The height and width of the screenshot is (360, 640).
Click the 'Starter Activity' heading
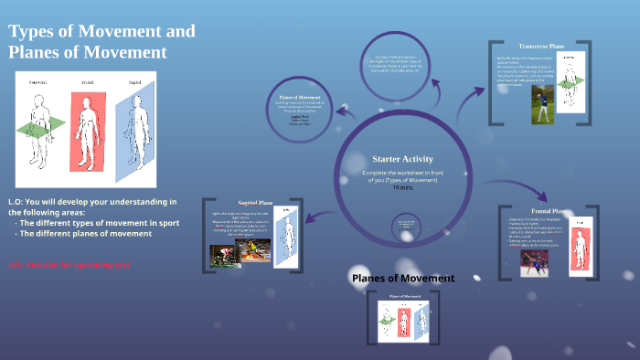(x=402, y=159)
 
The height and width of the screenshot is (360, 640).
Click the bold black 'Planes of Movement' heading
(x=403, y=278)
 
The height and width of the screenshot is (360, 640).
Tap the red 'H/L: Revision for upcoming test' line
(x=69, y=265)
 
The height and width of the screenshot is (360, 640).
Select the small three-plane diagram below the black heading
(x=403, y=320)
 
